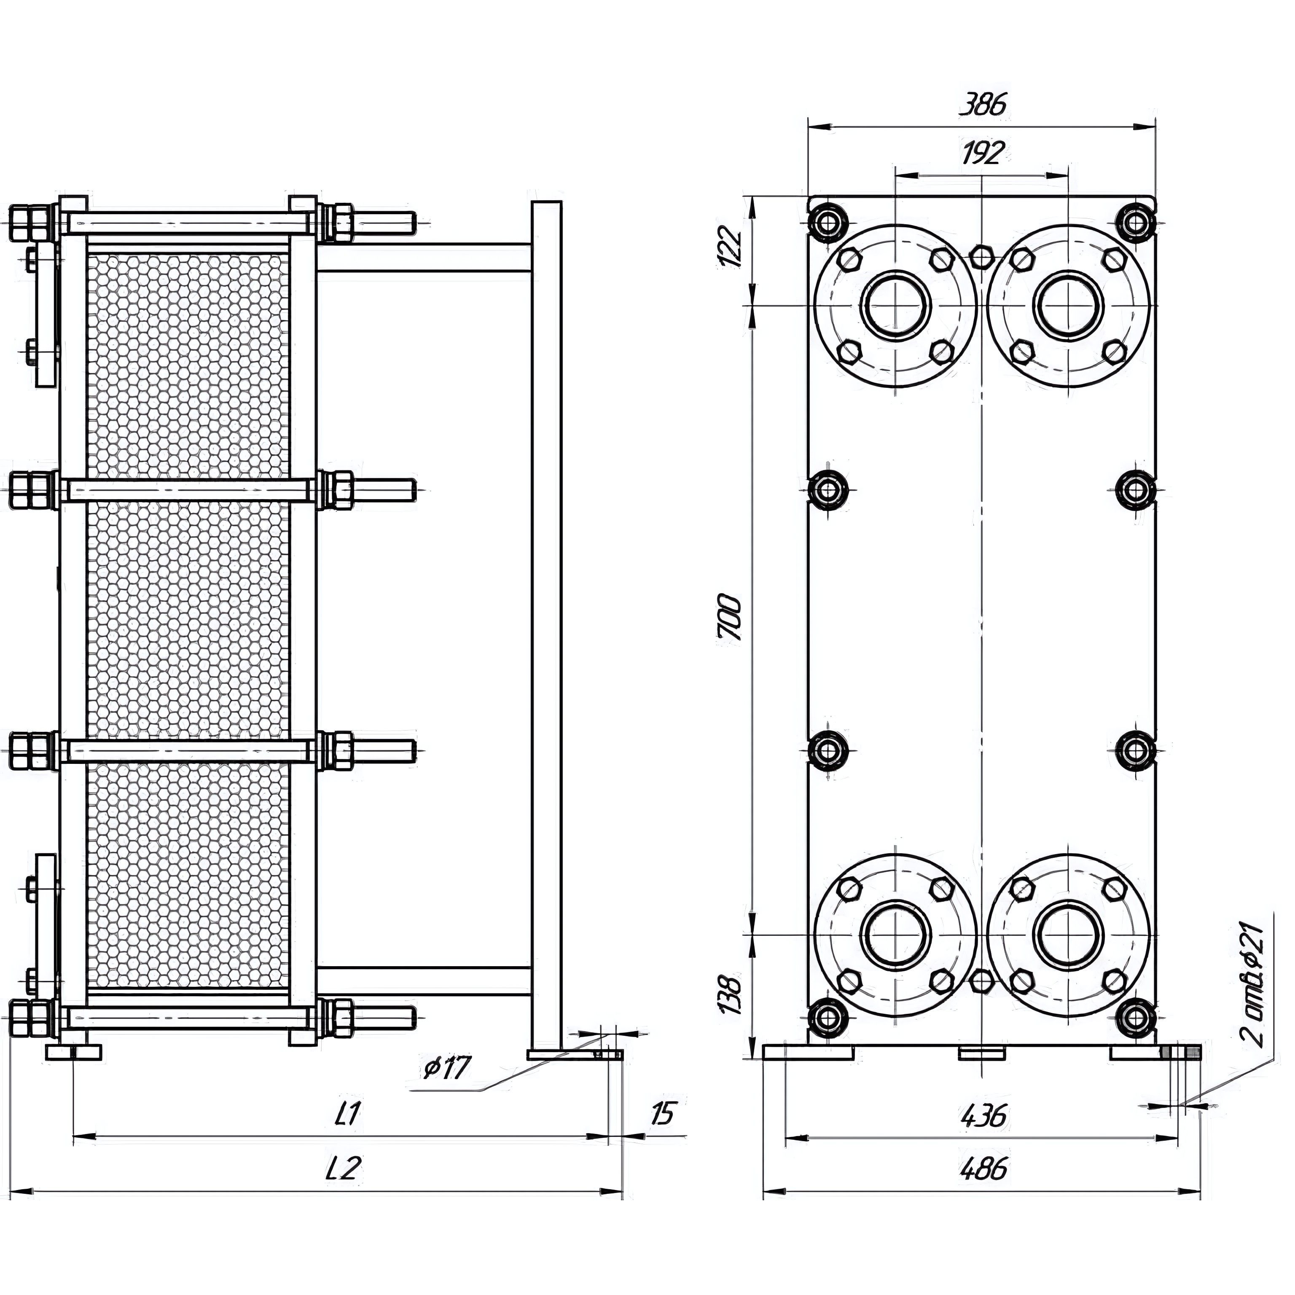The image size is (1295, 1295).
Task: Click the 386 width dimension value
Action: (984, 105)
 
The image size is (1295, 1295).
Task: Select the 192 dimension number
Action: (983, 153)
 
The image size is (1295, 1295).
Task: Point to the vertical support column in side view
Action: (546, 623)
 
